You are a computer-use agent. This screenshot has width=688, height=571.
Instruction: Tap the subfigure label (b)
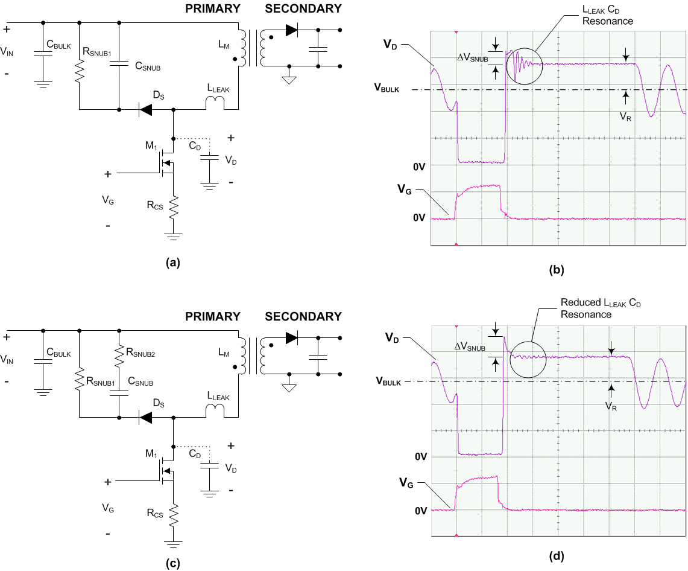pyautogui.click(x=556, y=270)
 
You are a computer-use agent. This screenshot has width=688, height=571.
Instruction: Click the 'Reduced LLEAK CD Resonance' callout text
pyautogui.click(x=601, y=308)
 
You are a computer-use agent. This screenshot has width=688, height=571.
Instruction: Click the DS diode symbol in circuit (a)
pyautogui.click(x=146, y=110)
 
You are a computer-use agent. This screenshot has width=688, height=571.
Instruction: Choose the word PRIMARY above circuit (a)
pyautogui.click(x=213, y=9)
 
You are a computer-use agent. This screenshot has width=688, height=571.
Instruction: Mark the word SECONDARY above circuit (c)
pyautogui.click(x=303, y=317)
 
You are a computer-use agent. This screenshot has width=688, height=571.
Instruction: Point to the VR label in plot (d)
pyautogui.click(x=611, y=406)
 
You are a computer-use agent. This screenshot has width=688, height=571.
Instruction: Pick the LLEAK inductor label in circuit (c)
pyautogui.click(x=218, y=396)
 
